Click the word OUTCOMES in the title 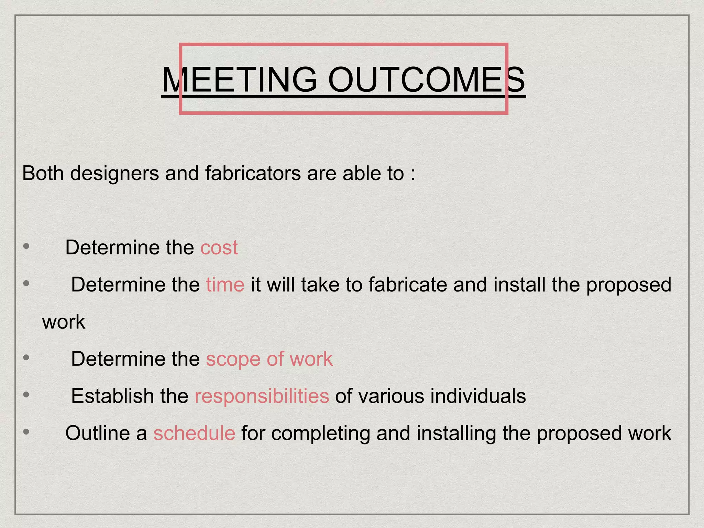pos(427,80)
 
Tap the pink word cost pos(219,247)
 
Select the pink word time pos(225,285)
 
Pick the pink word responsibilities pos(262,396)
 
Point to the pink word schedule pos(194,433)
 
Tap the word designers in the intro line pos(115,173)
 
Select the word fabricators pos(253,173)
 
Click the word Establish pos(112,396)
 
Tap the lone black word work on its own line pos(64,322)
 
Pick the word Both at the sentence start pos(43,173)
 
